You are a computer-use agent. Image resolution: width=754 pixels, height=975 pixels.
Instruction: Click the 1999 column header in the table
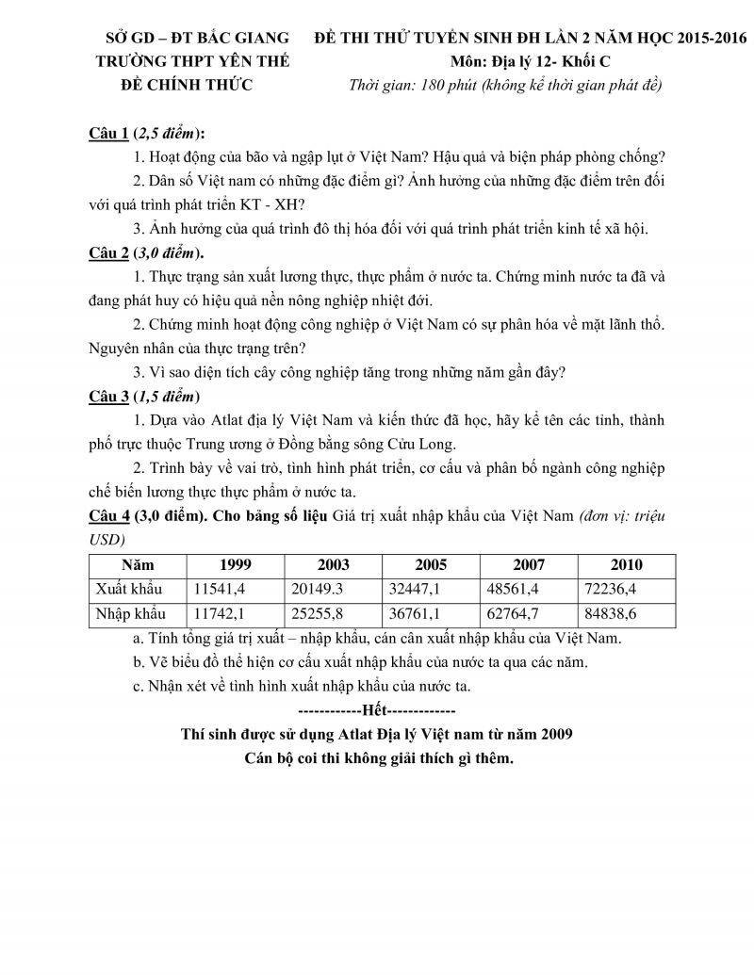pyautogui.click(x=236, y=564)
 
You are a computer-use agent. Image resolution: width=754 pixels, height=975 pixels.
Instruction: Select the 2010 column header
pyautogui.click(x=627, y=564)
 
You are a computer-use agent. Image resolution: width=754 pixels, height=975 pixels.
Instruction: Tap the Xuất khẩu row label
pyautogui.click(x=129, y=589)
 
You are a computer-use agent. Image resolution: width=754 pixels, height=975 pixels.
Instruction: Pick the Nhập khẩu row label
pyautogui.click(x=131, y=613)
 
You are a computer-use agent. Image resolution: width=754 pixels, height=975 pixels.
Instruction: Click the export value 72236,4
pyautogui.click(x=627, y=589)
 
